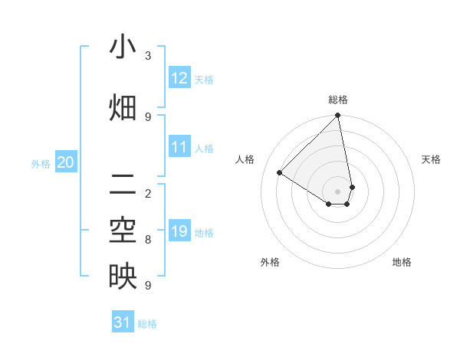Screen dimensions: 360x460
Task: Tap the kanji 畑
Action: [123, 107]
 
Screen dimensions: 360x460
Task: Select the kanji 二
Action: [123, 184]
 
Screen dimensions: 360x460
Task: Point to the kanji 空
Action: [123, 230]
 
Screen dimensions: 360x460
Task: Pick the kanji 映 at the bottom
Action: [123, 276]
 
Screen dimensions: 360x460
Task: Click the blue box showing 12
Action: [179, 78]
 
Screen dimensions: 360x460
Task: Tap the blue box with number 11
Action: [179, 147]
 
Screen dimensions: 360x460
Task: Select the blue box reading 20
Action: [66, 162]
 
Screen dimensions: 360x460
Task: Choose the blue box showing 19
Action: [179, 231]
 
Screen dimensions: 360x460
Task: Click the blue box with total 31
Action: [123, 322]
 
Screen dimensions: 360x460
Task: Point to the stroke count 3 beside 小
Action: [148, 55]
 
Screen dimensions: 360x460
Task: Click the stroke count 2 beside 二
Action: [148, 193]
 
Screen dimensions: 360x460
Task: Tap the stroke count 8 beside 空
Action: [148, 240]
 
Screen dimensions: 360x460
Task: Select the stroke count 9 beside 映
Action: [148, 286]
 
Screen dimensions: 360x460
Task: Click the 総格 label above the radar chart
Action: [338, 100]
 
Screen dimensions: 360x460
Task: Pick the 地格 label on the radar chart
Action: [402, 262]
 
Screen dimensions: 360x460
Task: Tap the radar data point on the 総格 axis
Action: [338, 116]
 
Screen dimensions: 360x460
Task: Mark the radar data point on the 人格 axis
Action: [280, 173]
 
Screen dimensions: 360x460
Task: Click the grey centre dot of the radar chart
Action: [338, 191]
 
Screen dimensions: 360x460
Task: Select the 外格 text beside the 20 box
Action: [41, 163]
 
